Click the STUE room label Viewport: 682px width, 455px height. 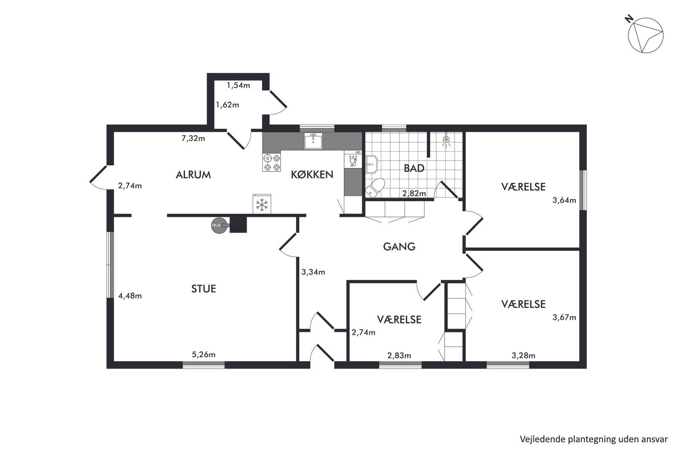(203, 289)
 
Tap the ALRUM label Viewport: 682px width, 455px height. (193, 174)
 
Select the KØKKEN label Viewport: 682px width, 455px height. (312, 174)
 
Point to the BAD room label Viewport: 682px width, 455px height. (414, 168)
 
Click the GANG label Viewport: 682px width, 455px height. (399, 246)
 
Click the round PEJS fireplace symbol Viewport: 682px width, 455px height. (219, 225)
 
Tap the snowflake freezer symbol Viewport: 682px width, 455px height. (261, 204)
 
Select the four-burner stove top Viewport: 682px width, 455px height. (272, 163)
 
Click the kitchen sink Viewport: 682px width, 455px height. (313, 141)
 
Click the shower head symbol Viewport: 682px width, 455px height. (446, 140)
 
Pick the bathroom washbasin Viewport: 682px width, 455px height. (371, 164)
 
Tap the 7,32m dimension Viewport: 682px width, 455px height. (193, 138)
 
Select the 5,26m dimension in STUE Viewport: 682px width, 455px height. (203, 354)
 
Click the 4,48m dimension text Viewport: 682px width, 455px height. (130, 296)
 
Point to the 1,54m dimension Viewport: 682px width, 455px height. (238, 86)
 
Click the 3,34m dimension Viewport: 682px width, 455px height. (313, 272)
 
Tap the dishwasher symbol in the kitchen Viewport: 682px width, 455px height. (353, 159)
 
